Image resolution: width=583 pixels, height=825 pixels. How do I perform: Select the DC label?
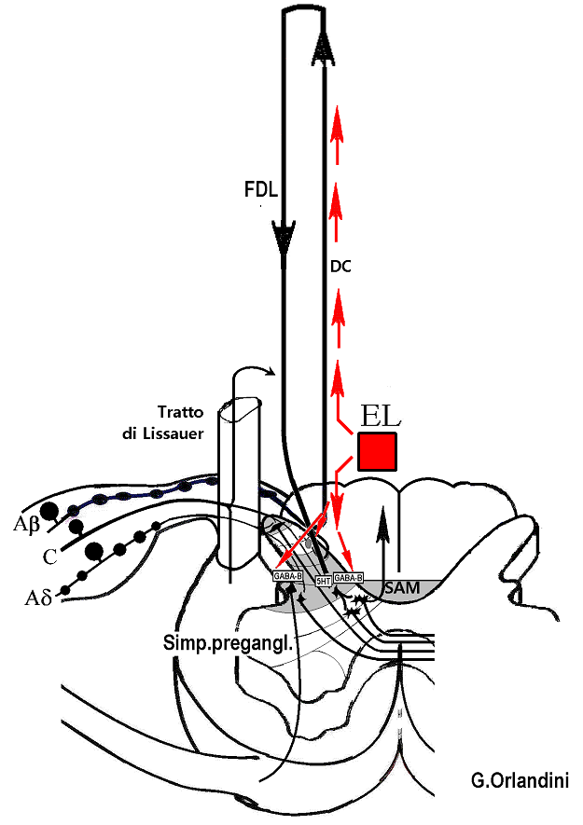point(340,265)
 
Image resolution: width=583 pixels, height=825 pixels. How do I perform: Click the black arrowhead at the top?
point(325,47)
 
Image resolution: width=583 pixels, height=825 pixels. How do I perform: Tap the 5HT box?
point(324,580)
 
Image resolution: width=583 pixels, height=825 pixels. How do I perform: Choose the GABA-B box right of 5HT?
point(348,578)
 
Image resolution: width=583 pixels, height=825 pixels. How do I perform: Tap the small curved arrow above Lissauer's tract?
point(254,370)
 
